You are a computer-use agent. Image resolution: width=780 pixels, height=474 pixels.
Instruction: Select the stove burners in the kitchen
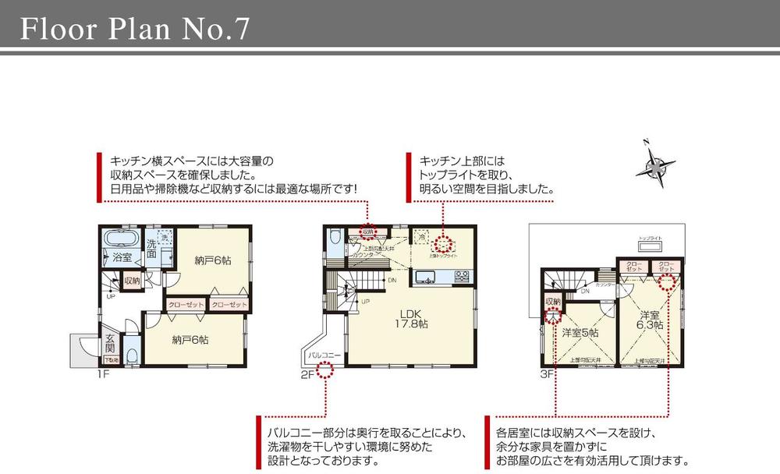[x=461, y=275]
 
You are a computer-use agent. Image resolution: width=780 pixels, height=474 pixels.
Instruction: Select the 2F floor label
[x=307, y=373]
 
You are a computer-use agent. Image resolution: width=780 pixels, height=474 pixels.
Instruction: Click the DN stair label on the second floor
[x=392, y=280]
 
